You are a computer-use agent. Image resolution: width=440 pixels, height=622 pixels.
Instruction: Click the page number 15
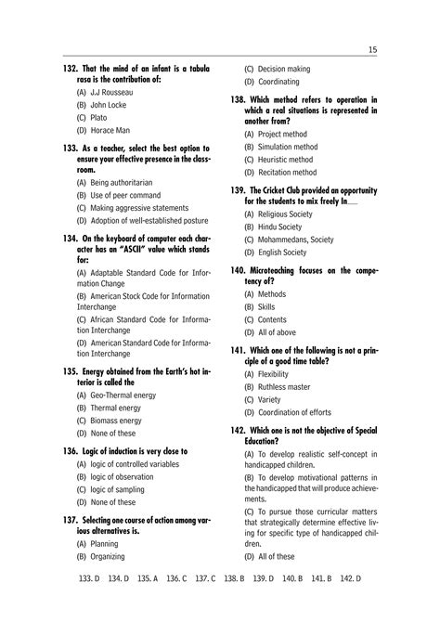[371, 49]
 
